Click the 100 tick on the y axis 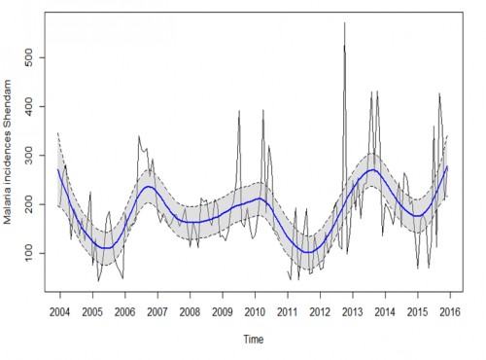pos(33,253)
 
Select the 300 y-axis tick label pos(33,155)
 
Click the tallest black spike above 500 pos(344,23)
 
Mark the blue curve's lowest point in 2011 pos(309,252)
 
